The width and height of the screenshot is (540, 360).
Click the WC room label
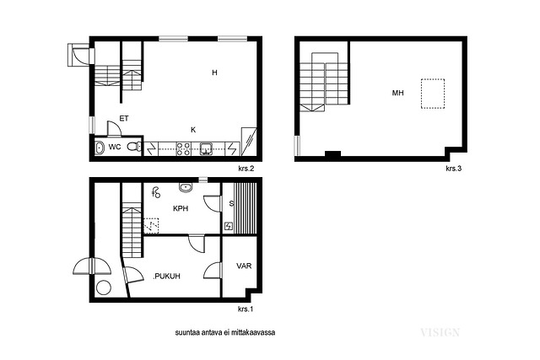[115, 147]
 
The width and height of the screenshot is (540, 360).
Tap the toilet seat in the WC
[134, 147]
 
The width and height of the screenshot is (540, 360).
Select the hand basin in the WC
[100, 148]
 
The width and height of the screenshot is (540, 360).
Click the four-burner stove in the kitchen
[183, 148]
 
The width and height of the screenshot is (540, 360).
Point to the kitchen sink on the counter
[206, 148]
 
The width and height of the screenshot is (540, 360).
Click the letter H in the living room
[214, 73]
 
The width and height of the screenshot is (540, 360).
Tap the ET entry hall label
[124, 118]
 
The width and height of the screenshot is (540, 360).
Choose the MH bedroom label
[397, 93]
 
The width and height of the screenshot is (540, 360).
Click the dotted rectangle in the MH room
[433, 94]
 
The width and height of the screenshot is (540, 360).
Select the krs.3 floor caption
[454, 169]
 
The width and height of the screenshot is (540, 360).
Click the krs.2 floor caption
[246, 169]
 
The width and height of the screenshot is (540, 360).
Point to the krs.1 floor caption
[246, 309]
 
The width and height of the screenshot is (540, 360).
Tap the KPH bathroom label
[181, 208]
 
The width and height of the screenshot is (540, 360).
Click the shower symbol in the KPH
[156, 192]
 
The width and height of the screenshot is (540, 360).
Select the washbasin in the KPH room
[186, 187]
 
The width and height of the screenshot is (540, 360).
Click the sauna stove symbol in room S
[229, 227]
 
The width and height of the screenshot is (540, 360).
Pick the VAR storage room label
[244, 266]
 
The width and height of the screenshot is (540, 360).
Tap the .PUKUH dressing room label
[167, 277]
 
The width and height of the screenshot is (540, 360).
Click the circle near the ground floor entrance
[104, 287]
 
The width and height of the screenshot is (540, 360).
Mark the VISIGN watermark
[440, 332]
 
